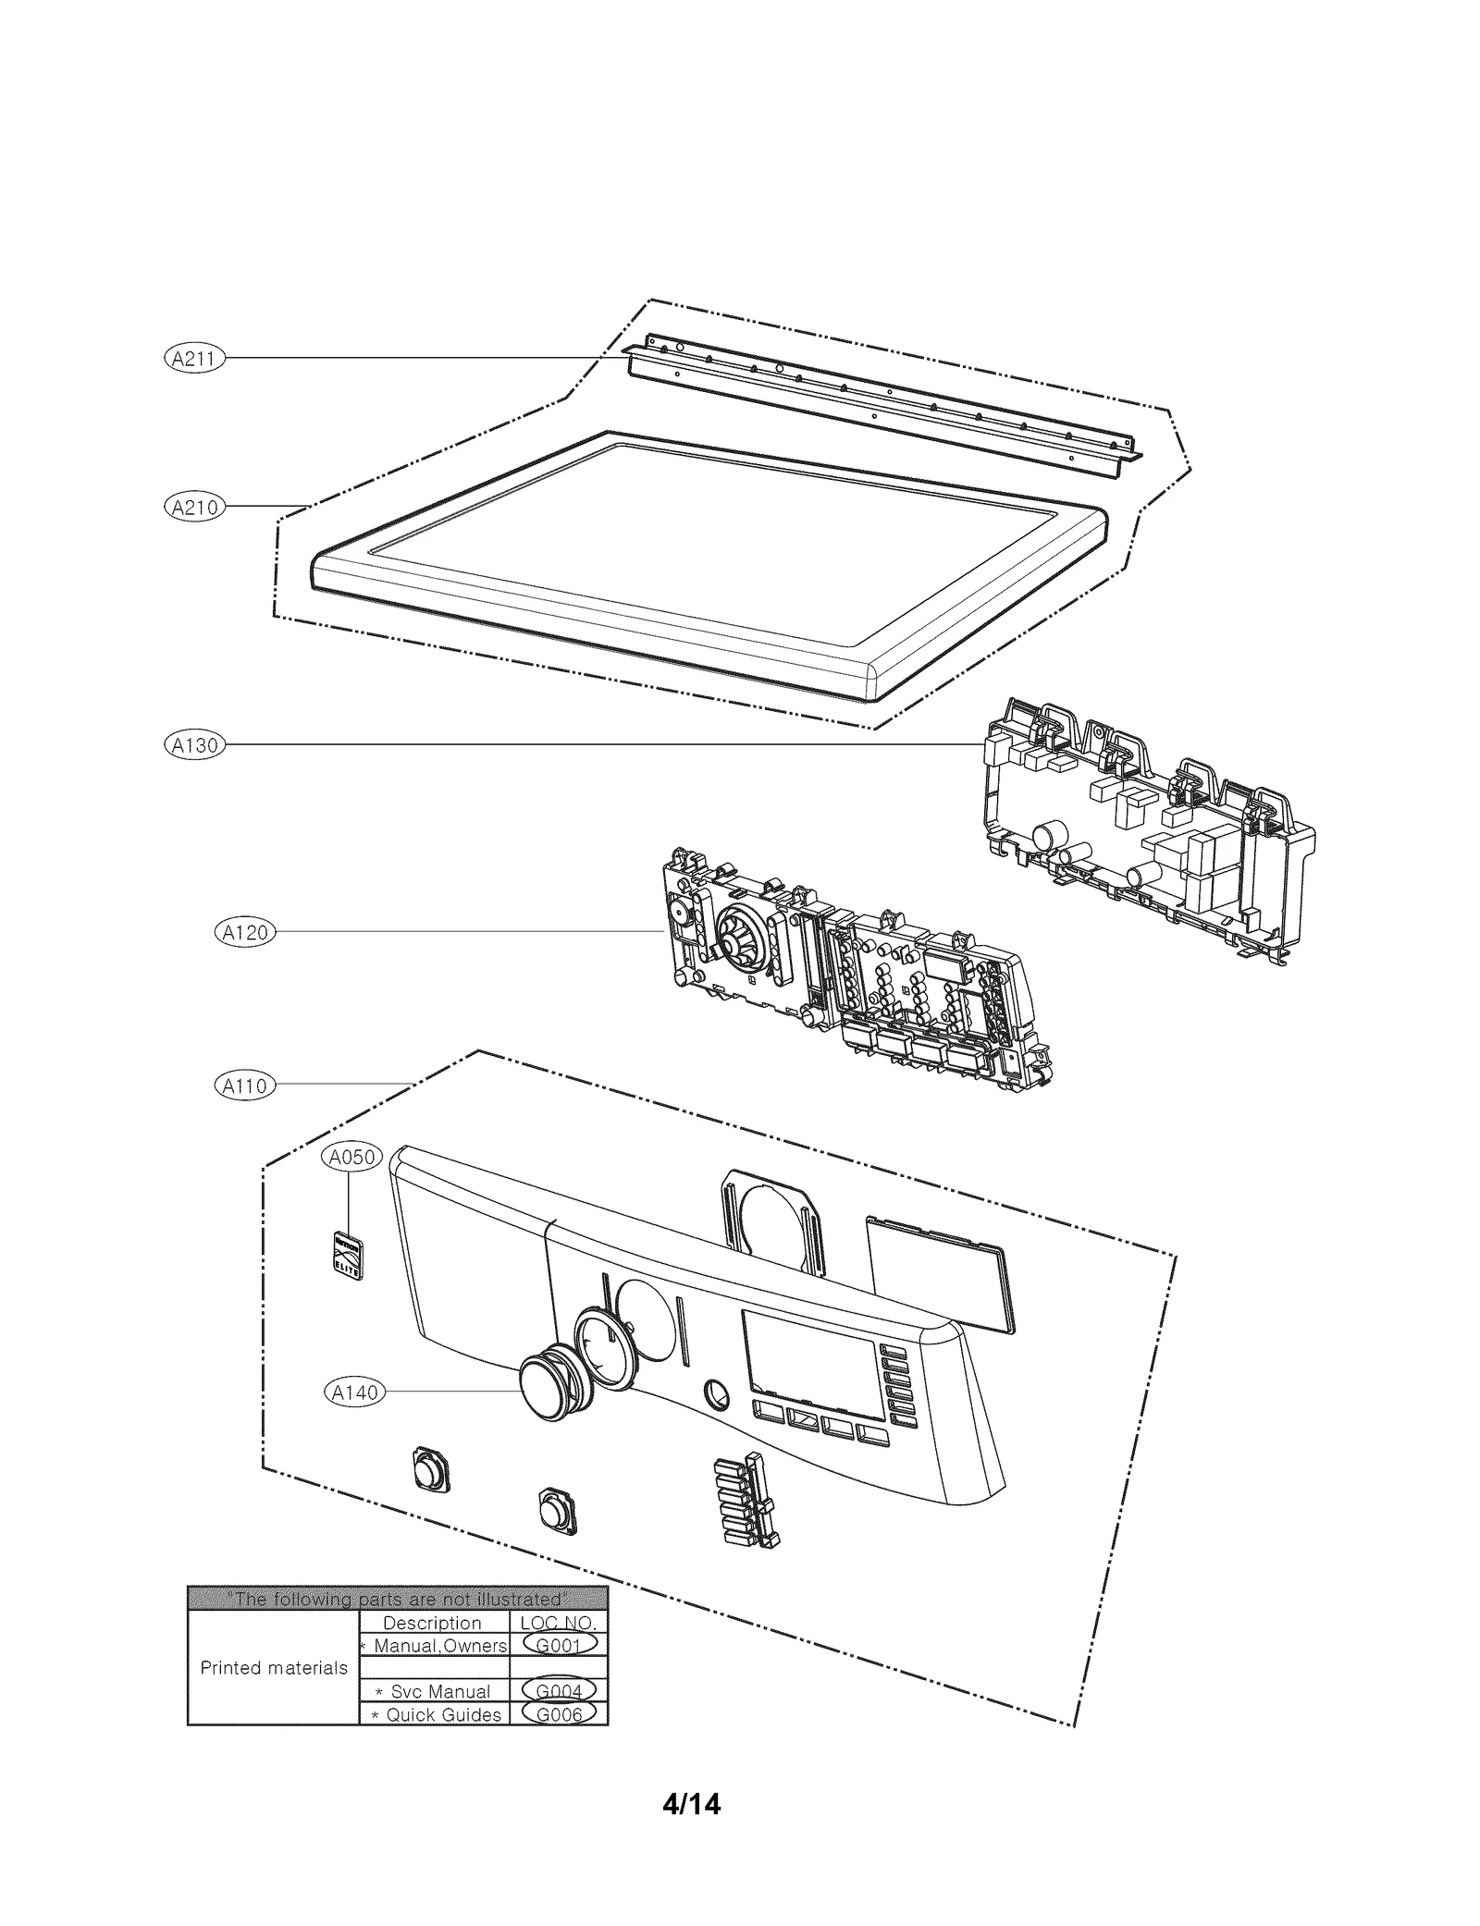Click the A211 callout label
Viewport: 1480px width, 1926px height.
pos(194,359)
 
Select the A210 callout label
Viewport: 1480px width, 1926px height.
pos(194,507)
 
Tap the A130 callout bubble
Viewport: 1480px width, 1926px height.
pos(194,744)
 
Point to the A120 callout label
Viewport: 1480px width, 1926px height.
pos(245,932)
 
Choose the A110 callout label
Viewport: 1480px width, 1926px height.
pos(245,1085)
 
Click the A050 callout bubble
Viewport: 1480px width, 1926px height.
pos(351,1157)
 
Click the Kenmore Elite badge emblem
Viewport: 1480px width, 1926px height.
pos(348,1255)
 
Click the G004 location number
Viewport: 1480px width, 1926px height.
pos(559,1691)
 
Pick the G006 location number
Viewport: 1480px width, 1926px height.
pos(559,1714)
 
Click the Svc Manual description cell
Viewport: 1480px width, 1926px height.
pos(435,1691)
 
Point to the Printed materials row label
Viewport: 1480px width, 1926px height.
pos(274,1668)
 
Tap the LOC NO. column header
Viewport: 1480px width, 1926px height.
pos(559,1623)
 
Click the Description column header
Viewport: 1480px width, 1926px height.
pos(432,1623)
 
